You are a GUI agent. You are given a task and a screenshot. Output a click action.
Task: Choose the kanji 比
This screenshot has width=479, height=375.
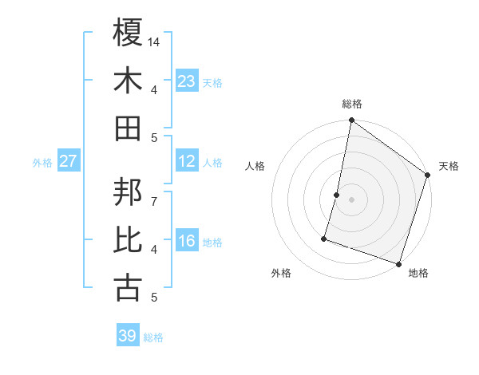click(129, 240)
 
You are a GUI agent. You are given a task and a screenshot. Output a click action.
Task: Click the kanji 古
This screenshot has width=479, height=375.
click(129, 288)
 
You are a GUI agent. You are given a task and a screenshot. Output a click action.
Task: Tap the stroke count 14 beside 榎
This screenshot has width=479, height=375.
click(154, 41)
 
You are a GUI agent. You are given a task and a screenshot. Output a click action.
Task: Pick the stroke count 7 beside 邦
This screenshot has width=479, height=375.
click(154, 192)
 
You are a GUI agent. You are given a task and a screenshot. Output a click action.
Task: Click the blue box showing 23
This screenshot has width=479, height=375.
click(187, 81)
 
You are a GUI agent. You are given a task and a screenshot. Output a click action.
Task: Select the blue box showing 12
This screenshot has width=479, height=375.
click(187, 161)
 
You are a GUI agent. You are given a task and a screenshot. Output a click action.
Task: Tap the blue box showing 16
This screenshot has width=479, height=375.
click(187, 241)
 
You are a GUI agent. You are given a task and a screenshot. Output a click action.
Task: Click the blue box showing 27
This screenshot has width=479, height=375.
click(69, 161)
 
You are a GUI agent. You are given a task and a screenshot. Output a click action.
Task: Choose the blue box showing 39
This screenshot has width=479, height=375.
click(128, 336)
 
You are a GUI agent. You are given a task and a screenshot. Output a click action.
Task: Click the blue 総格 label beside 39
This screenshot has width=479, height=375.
click(153, 337)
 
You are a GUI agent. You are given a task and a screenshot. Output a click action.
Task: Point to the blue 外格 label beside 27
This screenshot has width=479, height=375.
click(42, 163)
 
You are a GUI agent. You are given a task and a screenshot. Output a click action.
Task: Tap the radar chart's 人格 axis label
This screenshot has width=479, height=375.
click(255, 166)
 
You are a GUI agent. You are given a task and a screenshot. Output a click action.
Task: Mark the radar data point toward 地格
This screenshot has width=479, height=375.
click(398, 263)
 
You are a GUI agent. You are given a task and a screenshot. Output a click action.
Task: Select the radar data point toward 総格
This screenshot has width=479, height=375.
click(351, 121)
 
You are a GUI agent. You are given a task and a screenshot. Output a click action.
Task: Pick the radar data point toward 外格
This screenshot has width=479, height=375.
click(324, 238)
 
